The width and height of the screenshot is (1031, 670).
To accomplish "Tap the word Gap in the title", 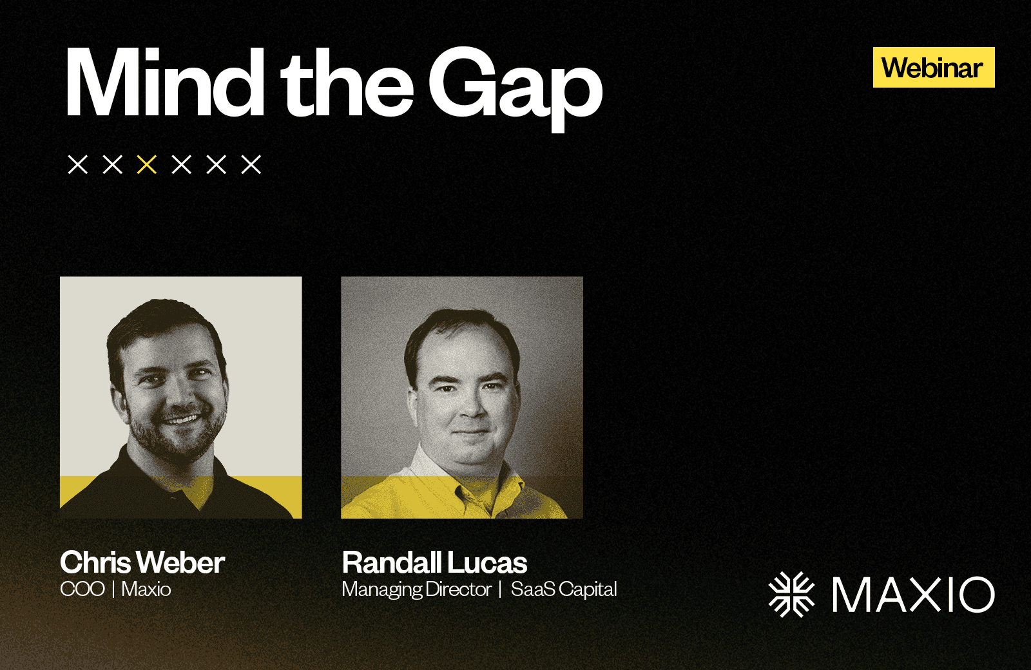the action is (x=515, y=89).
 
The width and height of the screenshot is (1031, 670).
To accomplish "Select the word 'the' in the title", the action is (x=347, y=83).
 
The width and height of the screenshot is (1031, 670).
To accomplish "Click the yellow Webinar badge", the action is (x=934, y=67).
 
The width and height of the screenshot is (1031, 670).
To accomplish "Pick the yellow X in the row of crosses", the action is (x=147, y=164).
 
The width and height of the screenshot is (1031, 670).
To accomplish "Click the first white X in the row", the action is (x=78, y=164).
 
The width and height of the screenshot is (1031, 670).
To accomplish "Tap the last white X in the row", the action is (x=251, y=164).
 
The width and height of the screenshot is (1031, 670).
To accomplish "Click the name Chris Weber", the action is (x=142, y=562).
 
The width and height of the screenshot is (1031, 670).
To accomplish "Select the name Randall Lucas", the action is (x=434, y=562).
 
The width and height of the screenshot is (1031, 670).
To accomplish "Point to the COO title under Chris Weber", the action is (x=82, y=589).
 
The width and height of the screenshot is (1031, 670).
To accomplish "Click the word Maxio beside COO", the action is (x=146, y=589).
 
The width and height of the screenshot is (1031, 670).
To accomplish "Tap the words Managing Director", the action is (x=416, y=590).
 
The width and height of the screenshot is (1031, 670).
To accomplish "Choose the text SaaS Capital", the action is (x=564, y=590).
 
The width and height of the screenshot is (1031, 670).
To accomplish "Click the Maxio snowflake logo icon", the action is (x=792, y=594).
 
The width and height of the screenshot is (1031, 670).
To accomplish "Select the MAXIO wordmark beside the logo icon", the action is (x=914, y=595).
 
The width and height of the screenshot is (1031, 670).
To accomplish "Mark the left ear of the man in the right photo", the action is (x=413, y=405).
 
